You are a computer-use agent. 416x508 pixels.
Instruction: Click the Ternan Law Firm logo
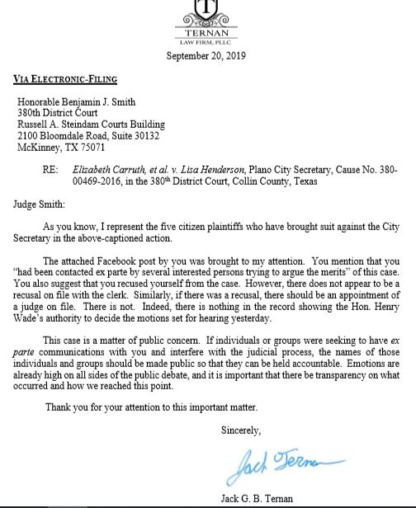[208, 21]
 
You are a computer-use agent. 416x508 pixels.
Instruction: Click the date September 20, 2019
[208, 56]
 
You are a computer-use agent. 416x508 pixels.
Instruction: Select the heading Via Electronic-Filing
[65, 79]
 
